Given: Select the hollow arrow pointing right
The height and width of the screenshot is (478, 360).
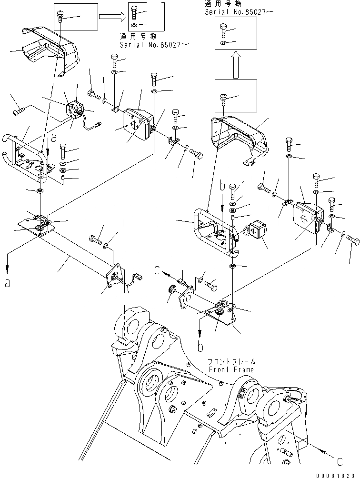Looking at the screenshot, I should [112, 17].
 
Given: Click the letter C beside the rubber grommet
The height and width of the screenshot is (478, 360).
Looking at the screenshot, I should [158, 272].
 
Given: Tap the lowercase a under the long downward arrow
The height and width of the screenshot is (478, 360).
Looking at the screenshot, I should [7, 283].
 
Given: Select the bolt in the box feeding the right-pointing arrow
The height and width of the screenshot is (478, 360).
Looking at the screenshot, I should [60, 15].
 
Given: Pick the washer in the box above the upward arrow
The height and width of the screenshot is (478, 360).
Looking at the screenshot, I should [224, 44].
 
